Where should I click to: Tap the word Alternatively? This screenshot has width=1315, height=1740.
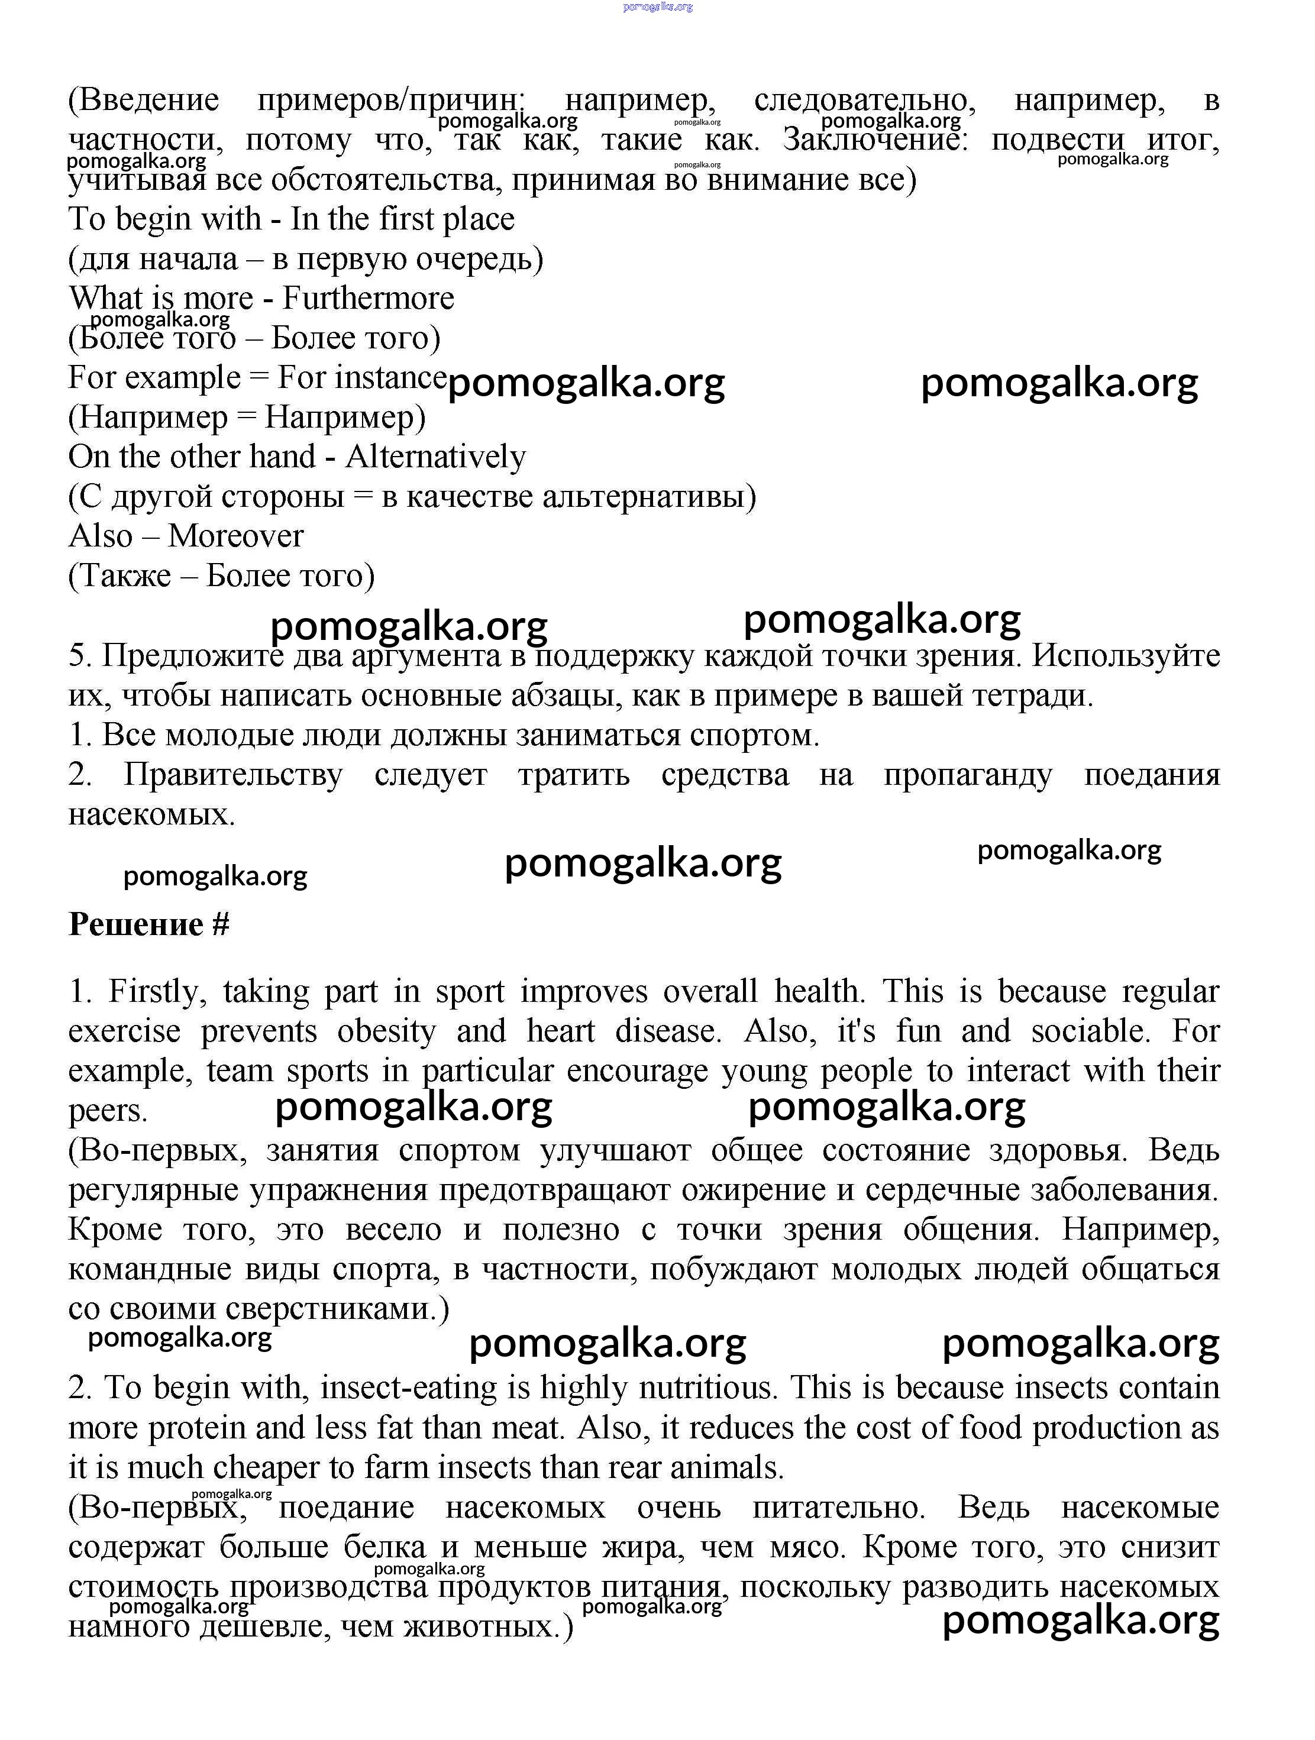coord(435,457)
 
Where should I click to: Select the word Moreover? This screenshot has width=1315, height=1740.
coord(235,536)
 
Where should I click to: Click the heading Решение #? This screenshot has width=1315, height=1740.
coord(148,924)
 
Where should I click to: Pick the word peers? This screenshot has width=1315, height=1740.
coord(108,1111)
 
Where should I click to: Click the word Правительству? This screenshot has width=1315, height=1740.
coord(233,775)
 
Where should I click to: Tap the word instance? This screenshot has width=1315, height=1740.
coord(390,377)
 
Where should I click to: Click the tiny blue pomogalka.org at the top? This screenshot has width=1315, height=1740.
coord(657,7)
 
